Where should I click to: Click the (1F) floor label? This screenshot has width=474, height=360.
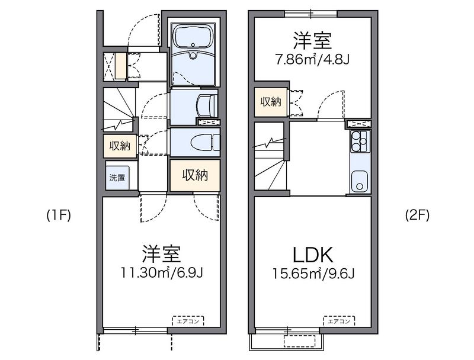(x=59, y=216)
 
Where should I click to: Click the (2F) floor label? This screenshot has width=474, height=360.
(x=417, y=216)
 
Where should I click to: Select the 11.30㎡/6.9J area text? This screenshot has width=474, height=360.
(x=161, y=274)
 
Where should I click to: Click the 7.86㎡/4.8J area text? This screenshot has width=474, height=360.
(x=312, y=60)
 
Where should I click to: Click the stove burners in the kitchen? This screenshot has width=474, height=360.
(x=358, y=142)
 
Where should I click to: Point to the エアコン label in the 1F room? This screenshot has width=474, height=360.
(x=188, y=322)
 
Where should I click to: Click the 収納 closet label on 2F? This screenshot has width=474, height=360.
(x=271, y=102)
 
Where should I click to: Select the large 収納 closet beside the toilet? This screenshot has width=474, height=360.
(x=195, y=175)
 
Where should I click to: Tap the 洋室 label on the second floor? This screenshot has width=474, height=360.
(x=312, y=41)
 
